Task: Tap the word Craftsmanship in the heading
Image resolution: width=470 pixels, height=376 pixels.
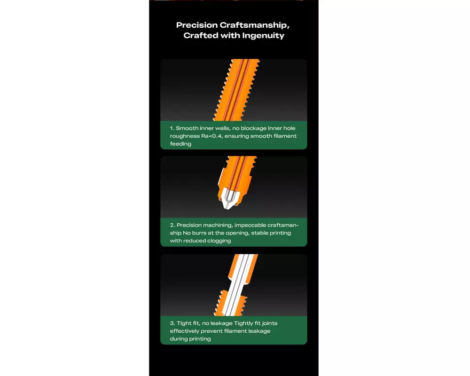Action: point(254,25)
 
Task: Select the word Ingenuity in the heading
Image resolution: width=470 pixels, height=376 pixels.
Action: point(263,36)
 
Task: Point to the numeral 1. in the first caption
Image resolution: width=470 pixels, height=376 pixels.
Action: point(172,128)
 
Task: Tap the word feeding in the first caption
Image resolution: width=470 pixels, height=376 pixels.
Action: point(180,144)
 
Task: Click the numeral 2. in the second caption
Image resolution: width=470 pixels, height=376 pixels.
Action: point(172,225)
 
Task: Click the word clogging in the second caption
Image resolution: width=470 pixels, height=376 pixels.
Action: point(219,241)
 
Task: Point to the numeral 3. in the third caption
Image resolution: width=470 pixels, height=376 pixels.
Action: point(172,323)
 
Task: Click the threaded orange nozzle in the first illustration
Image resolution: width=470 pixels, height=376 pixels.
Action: point(236,90)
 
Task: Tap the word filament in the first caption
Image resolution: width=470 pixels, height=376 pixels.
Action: point(285,136)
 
